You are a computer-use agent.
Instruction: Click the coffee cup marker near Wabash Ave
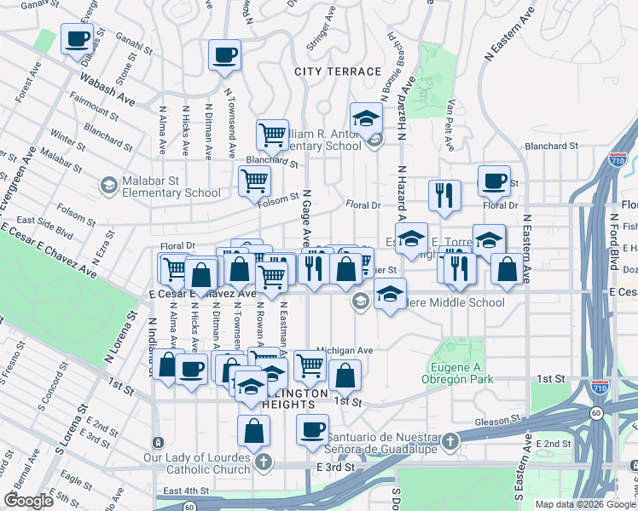click(x=78, y=39)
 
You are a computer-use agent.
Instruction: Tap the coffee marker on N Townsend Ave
click(x=225, y=55)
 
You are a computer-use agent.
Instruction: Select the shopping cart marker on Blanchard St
click(x=272, y=135)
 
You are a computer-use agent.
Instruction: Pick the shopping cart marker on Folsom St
click(x=254, y=181)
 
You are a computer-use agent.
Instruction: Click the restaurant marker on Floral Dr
click(x=444, y=195)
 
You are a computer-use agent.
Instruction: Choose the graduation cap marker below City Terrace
click(x=366, y=118)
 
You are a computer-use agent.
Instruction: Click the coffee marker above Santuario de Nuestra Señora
click(x=313, y=429)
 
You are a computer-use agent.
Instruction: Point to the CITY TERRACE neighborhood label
click(x=337, y=72)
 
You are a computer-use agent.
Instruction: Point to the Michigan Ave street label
click(x=345, y=350)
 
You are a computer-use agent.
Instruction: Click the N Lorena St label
click(x=120, y=337)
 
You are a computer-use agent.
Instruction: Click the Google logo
click(x=28, y=501)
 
